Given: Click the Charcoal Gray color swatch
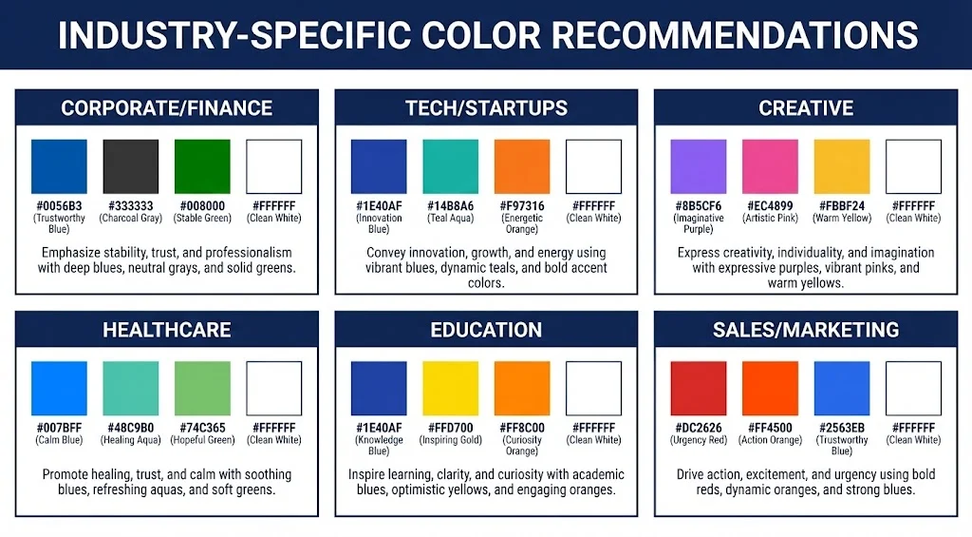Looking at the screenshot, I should [x=130, y=167].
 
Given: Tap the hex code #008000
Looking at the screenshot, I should [x=202, y=205].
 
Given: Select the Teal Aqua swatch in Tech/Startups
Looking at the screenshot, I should [x=450, y=167].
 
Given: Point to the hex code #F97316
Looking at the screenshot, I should [x=522, y=205].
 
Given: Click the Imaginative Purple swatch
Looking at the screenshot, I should [x=698, y=167].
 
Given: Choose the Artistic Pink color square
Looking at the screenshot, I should [x=770, y=167].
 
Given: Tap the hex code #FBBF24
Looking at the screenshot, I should [x=841, y=205].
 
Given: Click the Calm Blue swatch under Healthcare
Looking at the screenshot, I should [x=59, y=389].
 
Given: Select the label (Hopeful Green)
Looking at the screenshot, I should [x=202, y=440].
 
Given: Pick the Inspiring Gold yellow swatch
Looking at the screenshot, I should [x=450, y=389].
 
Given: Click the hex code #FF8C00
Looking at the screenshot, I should [x=522, y=428].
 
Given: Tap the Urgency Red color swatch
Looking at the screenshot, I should [x=698, y=389].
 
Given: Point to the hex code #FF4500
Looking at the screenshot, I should [x=770, y=428].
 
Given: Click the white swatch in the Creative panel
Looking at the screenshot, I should [x=913, y=167].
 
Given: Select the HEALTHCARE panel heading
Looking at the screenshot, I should [x=167, y=330].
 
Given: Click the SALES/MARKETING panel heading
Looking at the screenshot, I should [x=806, y=330].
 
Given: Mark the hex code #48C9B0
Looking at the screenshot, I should [x=130, y=428].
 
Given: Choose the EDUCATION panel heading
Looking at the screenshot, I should [x=486, y=330].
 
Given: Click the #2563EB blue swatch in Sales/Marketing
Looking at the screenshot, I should [x=841, y=389].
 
